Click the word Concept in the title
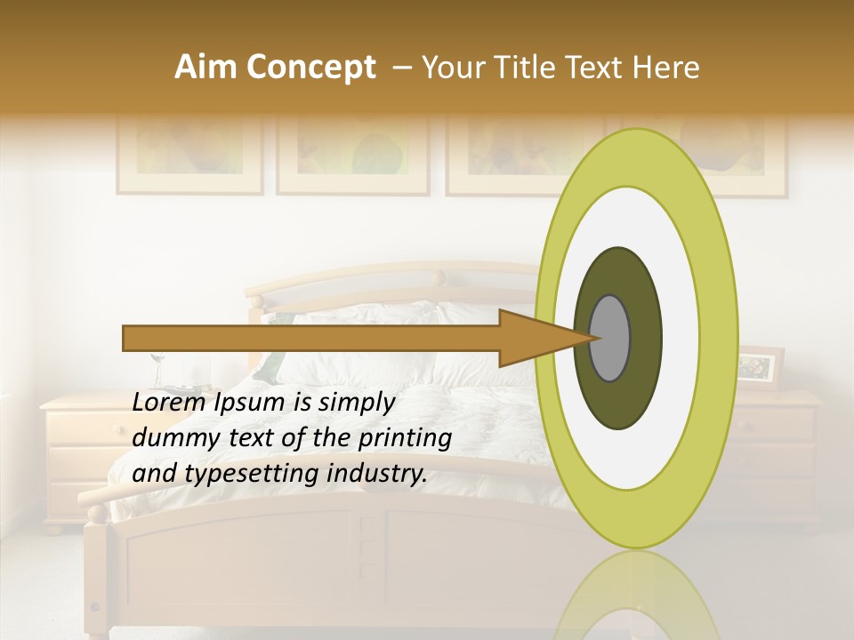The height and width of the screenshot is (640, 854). (310, 68)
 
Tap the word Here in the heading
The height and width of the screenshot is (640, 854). (666, 68)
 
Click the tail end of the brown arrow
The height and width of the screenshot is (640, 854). (126, 338)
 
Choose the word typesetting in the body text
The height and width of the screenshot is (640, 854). (248, 474)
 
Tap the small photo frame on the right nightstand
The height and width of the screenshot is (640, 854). (761, 367)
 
